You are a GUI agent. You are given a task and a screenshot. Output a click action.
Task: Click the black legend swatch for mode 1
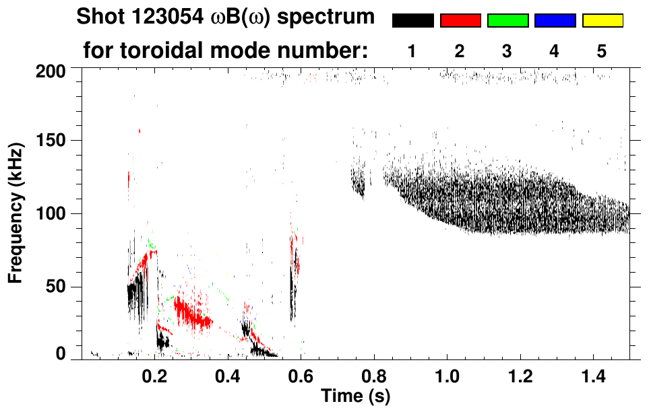pyautogui.click(x=412, y=21)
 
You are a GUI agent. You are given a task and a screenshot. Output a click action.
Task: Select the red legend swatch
pyautogui.click(x=460, y=21)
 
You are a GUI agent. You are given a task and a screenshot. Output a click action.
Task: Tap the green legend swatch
pyautogui.click(x=507, y=21)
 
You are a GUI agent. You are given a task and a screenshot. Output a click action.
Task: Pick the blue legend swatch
pyautogui.click(x=555, y=21)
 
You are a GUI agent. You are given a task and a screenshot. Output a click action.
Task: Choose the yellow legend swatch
pyautogui.click(x=602, y=21)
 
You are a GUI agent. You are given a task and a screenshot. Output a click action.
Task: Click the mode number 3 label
pyautogui.click(x=507, y=51)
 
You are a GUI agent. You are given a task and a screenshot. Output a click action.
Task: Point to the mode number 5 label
pyautogui.click(x=602, y=51)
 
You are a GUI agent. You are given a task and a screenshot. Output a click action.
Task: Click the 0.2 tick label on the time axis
pyautogui.click(x=155, y=375)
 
